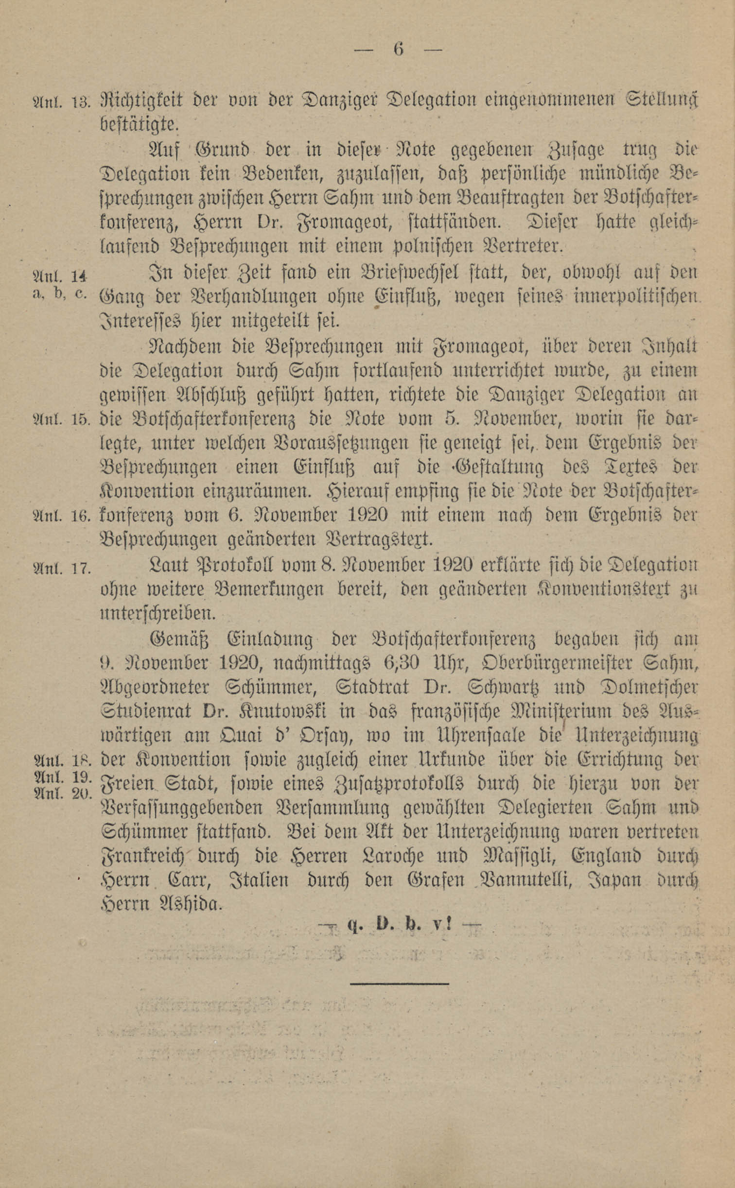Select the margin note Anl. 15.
pos(60,419)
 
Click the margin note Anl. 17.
pos(60,567)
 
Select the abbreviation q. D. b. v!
pos(400,924)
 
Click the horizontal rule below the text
pos(399,982)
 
